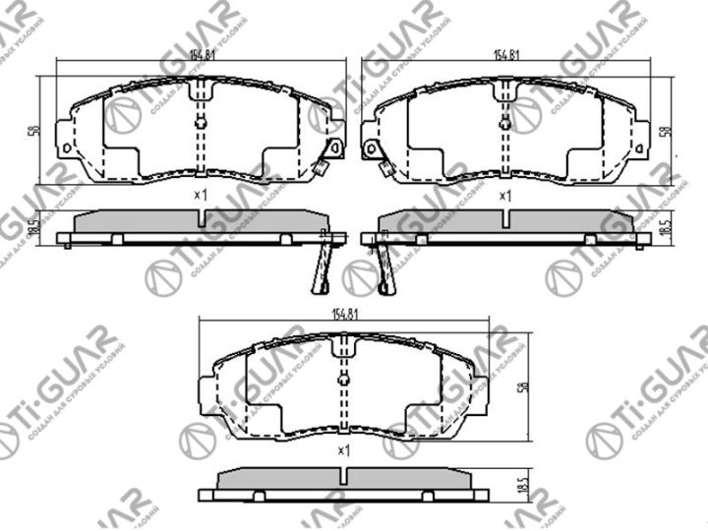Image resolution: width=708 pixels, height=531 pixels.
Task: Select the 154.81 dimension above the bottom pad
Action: (x=343, y=315)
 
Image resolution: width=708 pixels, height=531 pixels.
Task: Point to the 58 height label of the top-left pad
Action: (x=33, y=130)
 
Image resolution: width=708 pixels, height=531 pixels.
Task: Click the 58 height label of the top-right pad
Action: (x=677, y=130)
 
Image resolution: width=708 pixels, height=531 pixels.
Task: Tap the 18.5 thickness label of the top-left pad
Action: (x=33, y=226)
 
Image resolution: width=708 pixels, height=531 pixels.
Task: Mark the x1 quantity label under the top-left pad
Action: (x=201, y=195)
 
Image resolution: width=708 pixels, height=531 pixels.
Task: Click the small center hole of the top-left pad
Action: (x=201, y=123)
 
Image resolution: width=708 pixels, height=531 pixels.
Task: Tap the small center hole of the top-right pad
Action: (x=504, y=123)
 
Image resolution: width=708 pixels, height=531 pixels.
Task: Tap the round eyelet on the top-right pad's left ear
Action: (x=372, y=150)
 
